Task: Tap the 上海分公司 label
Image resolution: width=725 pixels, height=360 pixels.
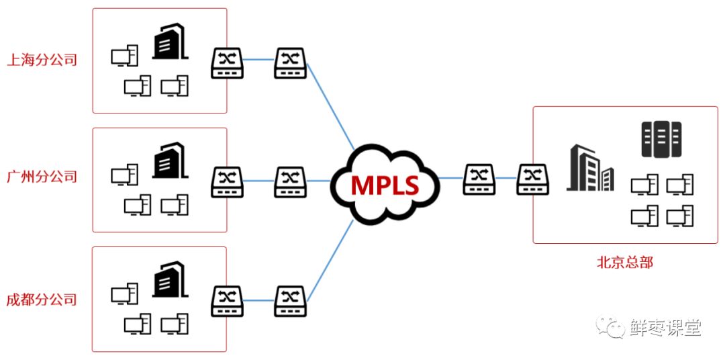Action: (x=42, y=60)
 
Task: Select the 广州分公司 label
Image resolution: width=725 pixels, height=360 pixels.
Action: (x=42, y=177)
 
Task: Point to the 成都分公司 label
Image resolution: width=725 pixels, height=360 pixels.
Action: (x=42, y=300)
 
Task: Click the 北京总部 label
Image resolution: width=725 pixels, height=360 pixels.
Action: (x=624, y=263)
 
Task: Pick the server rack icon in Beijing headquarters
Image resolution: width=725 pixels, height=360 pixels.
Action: (x=661, y=139)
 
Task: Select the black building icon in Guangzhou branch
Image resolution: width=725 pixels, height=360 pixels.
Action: (x=169, y=160)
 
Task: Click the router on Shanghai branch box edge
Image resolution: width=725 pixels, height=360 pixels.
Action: (x=228, y=63)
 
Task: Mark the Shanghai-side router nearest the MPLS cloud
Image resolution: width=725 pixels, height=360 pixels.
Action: (x=290, y=63)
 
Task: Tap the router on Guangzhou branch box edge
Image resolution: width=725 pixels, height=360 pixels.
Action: (x=228, y=181)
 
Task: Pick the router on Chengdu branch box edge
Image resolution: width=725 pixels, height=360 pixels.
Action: (x=228, y=301)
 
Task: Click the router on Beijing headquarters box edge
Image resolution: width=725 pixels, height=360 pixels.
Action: (x=533, y=179)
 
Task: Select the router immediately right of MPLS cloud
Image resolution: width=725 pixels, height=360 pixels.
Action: (x=479, y=179)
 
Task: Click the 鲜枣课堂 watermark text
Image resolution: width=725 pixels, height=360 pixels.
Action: (x=665, y=328)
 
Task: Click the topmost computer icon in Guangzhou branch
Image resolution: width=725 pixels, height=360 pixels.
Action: (x=124, y=175)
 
